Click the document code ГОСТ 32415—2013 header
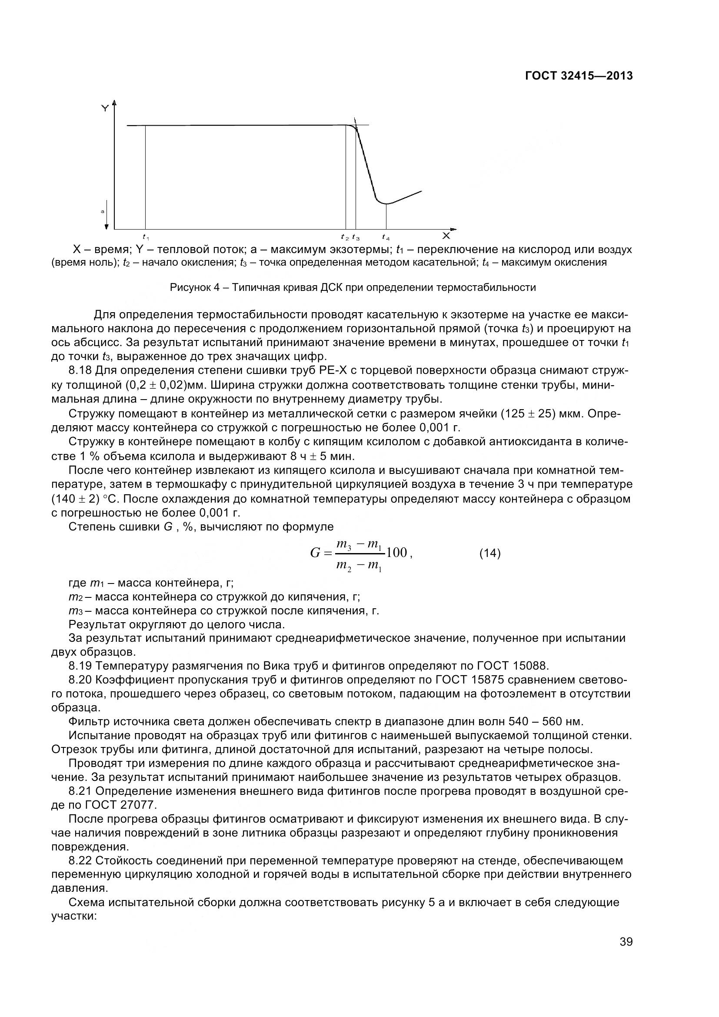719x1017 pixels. pyautogui.click(x=579, y=76)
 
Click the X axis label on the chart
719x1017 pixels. pyautogui.click(x=446, y=236)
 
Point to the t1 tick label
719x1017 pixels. pyautogui.click(x=146, y=237)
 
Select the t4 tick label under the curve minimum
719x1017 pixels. pyautogui.click(x=386, y=237)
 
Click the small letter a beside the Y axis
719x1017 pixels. pyautogui.click(x=102, y=212)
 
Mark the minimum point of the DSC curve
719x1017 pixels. pyautogui.click(x=386, y=204)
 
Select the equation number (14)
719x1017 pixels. pyautogui.click(x=490, y=553)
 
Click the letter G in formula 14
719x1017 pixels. pyautogui.click(x=315, y=553)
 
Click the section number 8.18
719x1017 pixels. pyautogui.click(x=80, y=371)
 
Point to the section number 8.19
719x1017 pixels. pyautogui.click(x=80, y=666)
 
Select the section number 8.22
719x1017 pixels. pyautogui.click(x=80, y=860)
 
